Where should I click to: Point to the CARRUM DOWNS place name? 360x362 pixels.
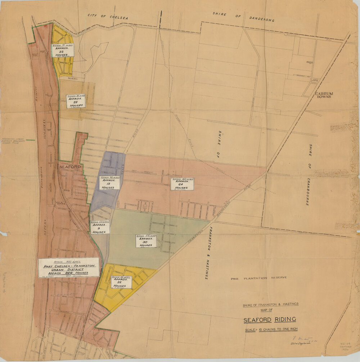point(324,95)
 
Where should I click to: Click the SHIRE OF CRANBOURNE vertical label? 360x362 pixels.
point(309,175)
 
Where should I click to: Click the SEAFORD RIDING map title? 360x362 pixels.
point(270,319)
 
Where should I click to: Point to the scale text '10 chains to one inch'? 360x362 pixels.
point(271,330)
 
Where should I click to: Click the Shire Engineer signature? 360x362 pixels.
point(301,340)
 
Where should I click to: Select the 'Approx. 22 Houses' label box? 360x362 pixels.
point(63,50)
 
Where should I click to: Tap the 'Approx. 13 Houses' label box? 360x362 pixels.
point(109,183)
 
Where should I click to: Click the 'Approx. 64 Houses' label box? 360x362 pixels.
point(182,184)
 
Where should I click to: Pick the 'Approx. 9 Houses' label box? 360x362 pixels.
point(100,227)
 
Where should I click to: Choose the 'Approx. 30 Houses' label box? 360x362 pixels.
point(146,241)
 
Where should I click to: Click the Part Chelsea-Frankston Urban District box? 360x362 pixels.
point(69,267)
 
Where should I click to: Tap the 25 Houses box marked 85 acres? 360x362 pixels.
point(121,282)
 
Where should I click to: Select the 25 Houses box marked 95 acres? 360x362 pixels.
point(76,101)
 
